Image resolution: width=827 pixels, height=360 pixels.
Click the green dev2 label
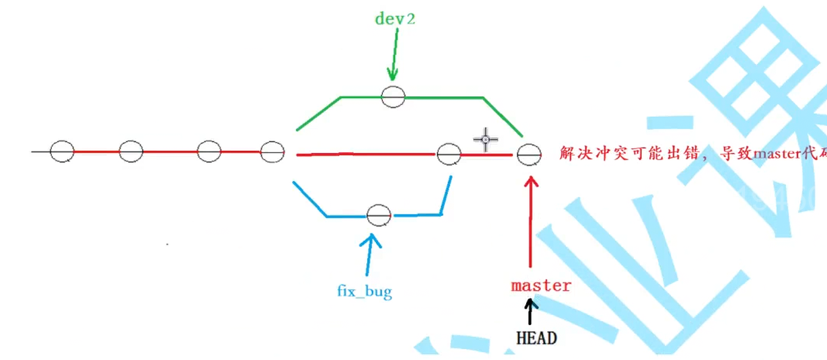(395, 18)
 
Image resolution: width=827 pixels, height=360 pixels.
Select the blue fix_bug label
(364, 291)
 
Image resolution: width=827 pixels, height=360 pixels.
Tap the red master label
(541, 285)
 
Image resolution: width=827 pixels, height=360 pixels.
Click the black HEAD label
(536, 338)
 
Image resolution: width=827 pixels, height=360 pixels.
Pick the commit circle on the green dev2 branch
(393, 97)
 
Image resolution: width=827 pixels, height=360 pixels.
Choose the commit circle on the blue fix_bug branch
(379, 215)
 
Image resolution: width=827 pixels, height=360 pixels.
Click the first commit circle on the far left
(62, 151)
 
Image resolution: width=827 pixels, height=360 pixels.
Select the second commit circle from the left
(131, 151)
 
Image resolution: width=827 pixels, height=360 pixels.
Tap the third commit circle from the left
(209, 151)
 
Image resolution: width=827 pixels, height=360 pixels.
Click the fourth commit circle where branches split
(273, 151)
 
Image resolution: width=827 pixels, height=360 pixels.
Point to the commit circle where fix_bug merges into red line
(449, 155)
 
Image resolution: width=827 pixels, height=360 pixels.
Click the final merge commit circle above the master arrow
(529, 155)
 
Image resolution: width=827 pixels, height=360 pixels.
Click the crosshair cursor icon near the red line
(485, 139)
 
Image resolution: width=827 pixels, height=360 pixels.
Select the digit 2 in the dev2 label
(410, 18)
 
